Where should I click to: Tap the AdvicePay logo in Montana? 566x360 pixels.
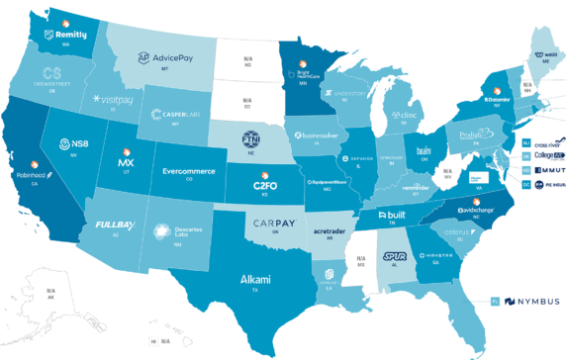click(170, 58)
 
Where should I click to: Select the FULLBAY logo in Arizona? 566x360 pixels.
click(115, 225)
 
